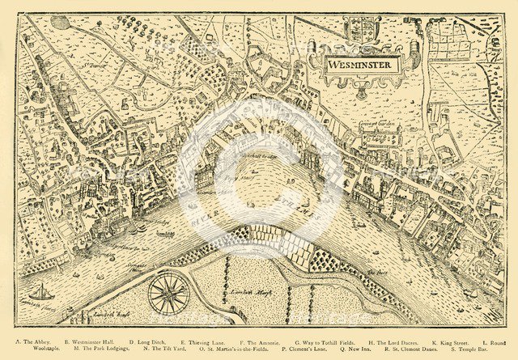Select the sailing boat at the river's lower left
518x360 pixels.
click(40, 292)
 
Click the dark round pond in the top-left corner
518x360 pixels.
click(61, 22)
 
